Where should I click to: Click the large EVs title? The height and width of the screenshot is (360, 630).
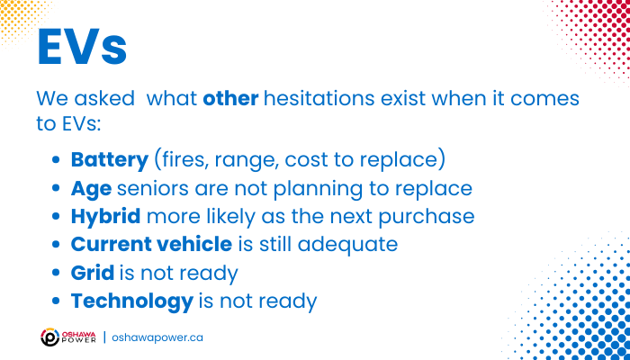(x=83, y=47)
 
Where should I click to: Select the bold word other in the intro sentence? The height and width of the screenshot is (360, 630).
(x=230, y=99)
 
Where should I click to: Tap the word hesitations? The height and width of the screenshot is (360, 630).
(x=319, y=99)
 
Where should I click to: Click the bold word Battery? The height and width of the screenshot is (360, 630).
(x=110, y=160)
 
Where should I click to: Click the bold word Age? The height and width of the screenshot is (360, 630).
(x=91, y=189)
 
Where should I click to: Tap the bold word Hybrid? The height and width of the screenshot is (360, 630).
(x=105, y=217)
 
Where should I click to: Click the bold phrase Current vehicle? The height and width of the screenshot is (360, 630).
(x=151, y=245)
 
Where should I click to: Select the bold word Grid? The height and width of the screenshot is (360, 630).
(x=93, y=273)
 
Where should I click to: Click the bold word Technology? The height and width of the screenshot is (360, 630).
(x=132, y=301)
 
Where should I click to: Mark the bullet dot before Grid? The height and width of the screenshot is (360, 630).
(x=56, y=274)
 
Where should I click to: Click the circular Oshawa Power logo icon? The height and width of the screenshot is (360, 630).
(x=50, y=337)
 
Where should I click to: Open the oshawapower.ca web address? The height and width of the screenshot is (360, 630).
(x=157, y=337)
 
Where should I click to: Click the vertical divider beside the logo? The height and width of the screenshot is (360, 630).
(x=104, y=337)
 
